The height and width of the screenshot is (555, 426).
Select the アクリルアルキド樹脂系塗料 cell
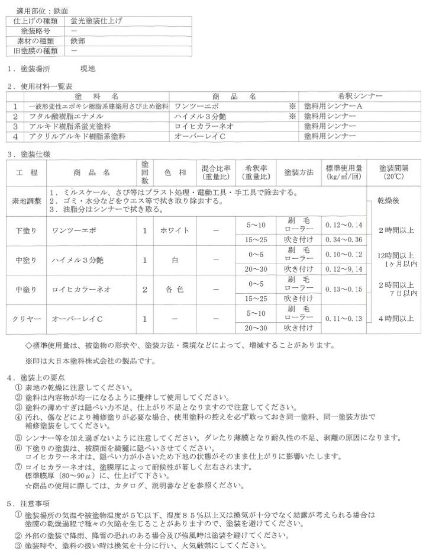click(78, 136)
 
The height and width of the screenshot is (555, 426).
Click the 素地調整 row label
click(27, 201)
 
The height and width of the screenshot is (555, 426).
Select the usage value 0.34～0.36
click(343, 240)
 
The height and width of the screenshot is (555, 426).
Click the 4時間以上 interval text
click(396, 319)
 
